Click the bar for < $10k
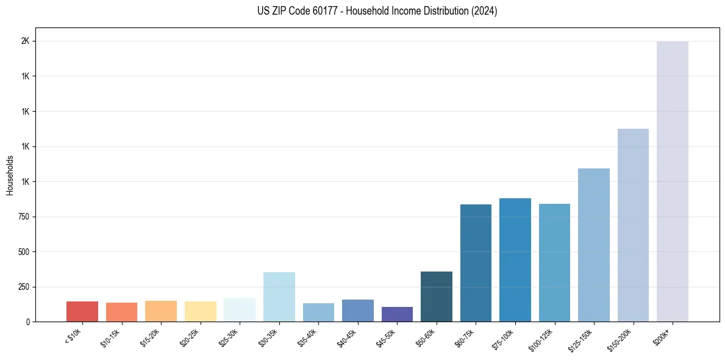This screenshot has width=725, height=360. [82, 311]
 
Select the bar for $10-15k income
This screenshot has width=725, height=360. [121, 312]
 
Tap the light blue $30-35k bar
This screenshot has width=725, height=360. [279, 297]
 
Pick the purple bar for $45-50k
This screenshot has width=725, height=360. [397, 314]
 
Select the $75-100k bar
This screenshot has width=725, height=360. [515, 260]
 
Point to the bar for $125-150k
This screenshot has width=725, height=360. [594, 245]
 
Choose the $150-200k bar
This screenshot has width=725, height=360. [633, 225]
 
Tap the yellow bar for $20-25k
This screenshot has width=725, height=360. [200, 311]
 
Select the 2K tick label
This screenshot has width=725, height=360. [26, 41]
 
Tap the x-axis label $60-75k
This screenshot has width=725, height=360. [464, 336]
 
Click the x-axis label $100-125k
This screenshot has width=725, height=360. [541, 338]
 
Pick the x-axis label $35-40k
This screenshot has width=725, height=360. [307, 336]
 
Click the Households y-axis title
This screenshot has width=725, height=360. [10, 175]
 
